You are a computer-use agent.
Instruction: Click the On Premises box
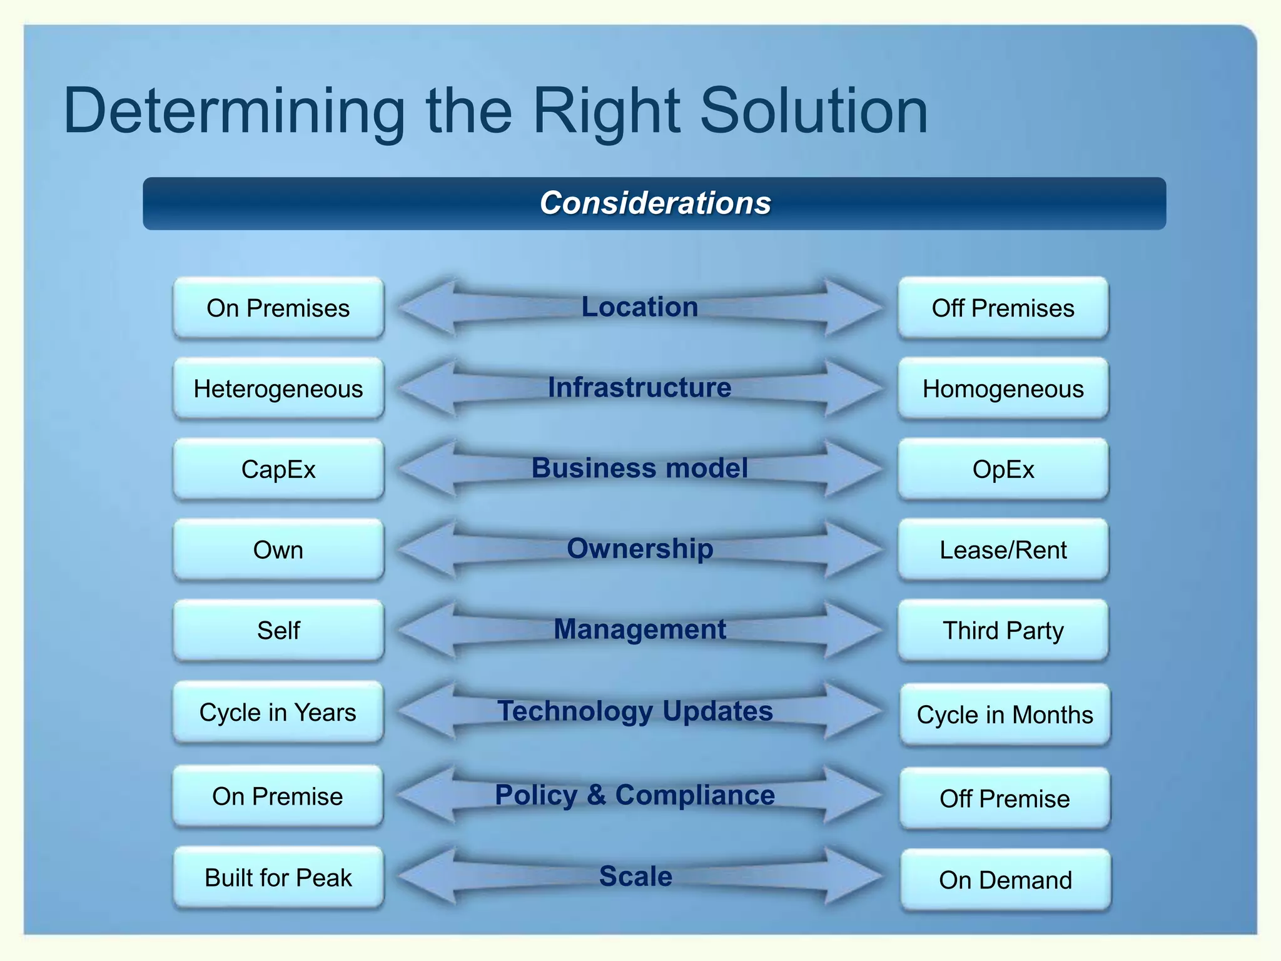278,308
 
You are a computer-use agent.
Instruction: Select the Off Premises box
1003,308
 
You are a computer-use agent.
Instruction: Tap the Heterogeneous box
278,389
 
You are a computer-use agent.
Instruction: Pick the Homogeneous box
1003,389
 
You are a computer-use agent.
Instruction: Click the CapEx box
278,469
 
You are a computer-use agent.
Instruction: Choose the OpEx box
1003,469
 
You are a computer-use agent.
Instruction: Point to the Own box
278,550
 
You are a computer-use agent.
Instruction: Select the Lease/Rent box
1003,550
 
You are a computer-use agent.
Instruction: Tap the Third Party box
1003,631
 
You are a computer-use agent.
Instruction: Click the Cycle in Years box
278,712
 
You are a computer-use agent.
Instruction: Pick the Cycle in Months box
1005,714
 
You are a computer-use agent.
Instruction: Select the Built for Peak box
278,877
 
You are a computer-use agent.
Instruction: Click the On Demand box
1005,880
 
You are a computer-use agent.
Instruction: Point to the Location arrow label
639,307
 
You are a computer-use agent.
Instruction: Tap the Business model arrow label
639,468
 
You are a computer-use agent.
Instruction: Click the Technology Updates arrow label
635,711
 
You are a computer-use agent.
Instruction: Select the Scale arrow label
635,876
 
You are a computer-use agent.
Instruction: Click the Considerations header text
655,203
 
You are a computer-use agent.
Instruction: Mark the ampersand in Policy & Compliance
596,795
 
